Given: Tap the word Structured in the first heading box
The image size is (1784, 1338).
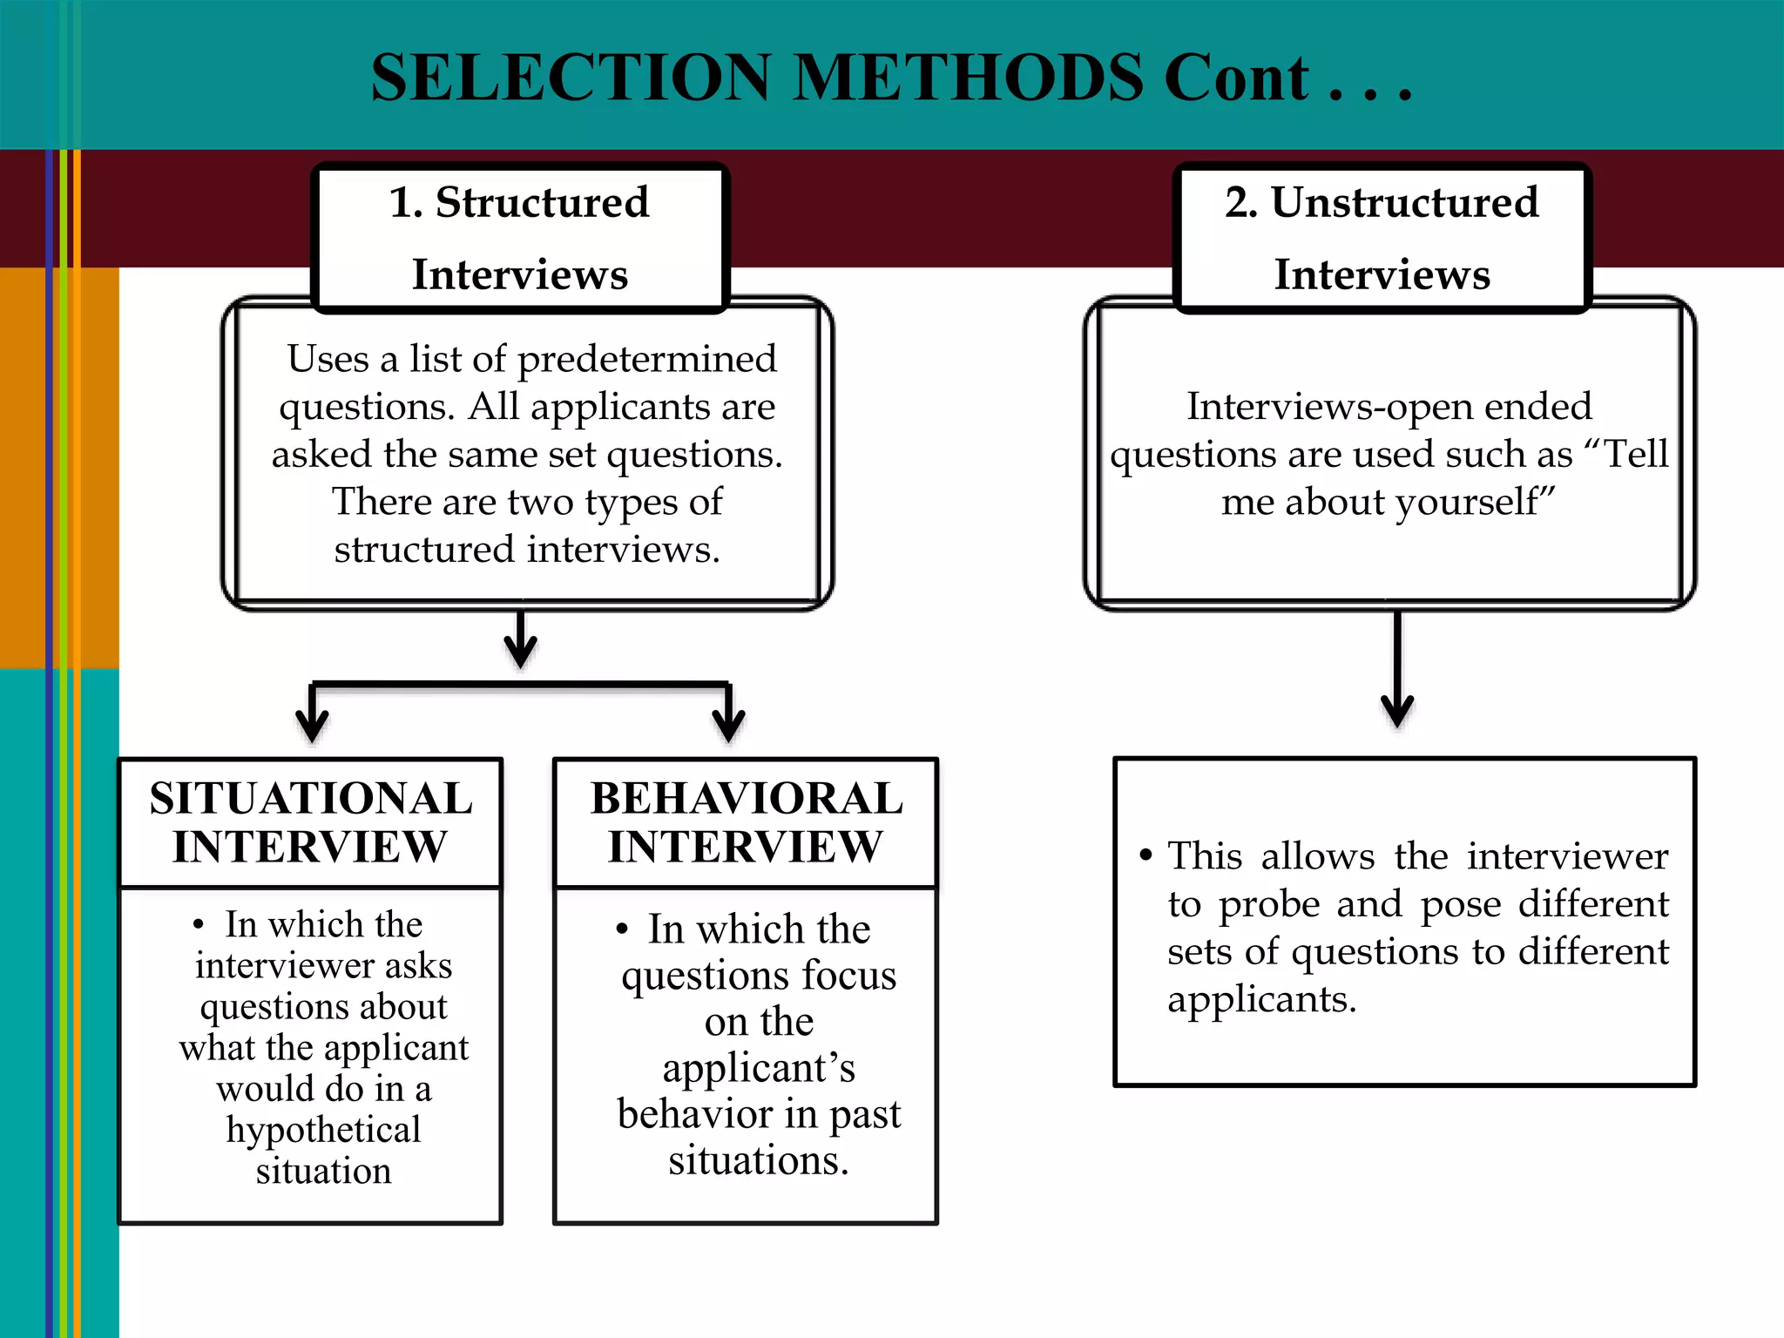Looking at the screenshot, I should pyautogui.click(x=542, y=202).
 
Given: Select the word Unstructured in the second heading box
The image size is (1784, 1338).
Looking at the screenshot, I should pyautogui.click(x=1404, y=202).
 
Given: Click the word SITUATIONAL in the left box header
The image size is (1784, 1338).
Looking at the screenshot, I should pyautogui.click(x=311, y=798).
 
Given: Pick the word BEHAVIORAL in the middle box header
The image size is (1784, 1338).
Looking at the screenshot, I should pyautogui.click(x=747, y=798).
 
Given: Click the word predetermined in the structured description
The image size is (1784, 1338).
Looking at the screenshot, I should pyautogui.click(x=646, y=359).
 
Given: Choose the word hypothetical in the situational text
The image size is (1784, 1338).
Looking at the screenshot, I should pyautogui.click(x=323, y=1130).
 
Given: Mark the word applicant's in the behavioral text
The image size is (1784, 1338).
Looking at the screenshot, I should pyautogui.click(x=759, y=1068).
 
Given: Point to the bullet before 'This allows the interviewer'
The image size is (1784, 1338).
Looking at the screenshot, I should pyautogui.click(x=1145, y=856).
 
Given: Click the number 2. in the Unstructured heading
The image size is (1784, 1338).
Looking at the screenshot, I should pyautogui.click(x=1240, y=202).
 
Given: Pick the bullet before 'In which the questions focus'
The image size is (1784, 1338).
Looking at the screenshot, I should pyautogui.click(x=621, y=929).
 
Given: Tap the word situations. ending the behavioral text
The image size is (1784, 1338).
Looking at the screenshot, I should pyautogui.click(x=759, y=1160).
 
